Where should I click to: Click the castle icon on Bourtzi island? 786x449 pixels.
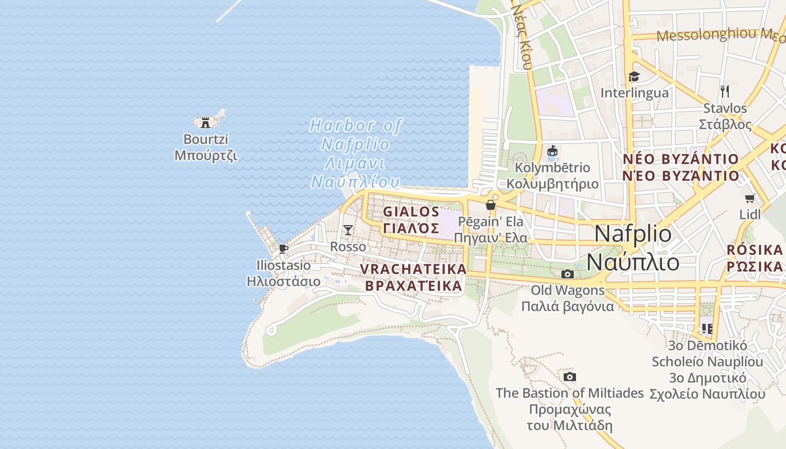tap(205, 122)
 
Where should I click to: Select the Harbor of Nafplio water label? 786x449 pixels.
tap(356, 153)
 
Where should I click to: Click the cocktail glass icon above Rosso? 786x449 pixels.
tap(348, 230)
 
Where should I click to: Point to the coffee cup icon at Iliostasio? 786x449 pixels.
tap(284, 249)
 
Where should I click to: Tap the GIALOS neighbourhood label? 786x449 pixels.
tap(412, 219)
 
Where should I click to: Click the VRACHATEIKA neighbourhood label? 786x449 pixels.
tap(413, 277)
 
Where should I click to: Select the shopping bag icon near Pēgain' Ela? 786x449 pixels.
tap(491, 205)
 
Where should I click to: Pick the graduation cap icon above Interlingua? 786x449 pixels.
tap(634, 77)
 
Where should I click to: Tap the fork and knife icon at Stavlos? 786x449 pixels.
tap(725, 91)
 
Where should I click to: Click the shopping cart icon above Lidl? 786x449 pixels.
tap(750, 198)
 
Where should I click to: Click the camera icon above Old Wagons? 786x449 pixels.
tap(568, 274)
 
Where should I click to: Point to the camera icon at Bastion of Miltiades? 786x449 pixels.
tap(570, 377)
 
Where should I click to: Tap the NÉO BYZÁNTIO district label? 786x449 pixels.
tap(680, 167)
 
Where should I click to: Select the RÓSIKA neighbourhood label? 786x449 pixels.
tap(755, 258)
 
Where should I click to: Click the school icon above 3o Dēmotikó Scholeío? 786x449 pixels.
tap(706, 328)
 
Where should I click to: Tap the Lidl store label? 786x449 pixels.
tap(750, 214)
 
